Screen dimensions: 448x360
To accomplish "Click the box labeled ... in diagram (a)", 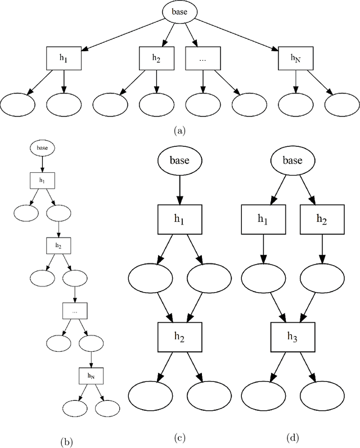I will [x=202, y=58].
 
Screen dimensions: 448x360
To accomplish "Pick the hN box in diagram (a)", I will [x=295, y=58].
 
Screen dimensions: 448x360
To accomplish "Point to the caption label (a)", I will [x=180, y=130].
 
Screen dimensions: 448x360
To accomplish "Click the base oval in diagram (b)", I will [x=42, y=148].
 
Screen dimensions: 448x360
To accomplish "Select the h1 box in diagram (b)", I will [x=42, y=181].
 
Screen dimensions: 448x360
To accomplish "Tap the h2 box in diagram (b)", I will [x=58, y=246].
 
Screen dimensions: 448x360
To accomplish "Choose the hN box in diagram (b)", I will [x=90, y=375].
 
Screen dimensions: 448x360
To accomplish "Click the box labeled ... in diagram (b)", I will [x=74, y=311].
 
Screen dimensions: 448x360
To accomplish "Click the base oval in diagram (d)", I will [x=292, y=160].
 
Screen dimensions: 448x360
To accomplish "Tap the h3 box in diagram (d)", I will [x=292, y=335].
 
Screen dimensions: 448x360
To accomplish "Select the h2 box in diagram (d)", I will [x=321, y=219].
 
